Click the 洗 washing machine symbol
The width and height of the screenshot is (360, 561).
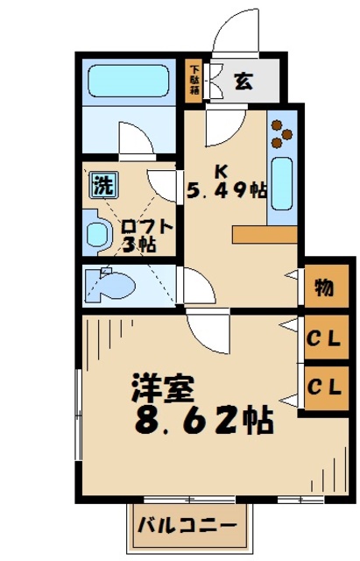click(103, 185)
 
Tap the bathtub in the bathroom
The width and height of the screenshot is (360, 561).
click(130, 82)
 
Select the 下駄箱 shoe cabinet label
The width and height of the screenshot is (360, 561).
click(194, 80)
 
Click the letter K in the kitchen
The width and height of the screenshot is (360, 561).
click(222, 167)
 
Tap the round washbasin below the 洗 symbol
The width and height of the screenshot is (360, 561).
click(95, 231)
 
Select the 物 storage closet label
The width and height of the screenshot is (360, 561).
click(323, 288)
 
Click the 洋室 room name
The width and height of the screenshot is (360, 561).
click(163, 388)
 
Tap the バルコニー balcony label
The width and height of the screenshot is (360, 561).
click(186, 528)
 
